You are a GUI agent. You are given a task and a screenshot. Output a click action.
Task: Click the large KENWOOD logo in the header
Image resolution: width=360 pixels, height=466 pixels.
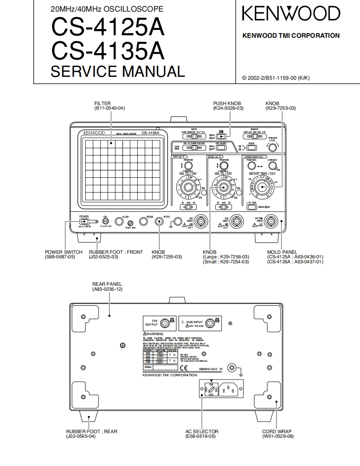(291, 14)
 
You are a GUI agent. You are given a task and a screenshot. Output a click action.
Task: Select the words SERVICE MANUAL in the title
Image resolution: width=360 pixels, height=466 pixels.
(118, 71)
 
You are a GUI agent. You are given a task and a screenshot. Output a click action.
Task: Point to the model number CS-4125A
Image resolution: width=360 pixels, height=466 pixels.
(108, 29)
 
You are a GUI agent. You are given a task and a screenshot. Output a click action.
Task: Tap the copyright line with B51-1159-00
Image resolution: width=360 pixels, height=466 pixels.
(276, 78)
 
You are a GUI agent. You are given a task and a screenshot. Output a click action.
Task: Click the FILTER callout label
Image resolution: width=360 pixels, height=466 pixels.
(102, 103)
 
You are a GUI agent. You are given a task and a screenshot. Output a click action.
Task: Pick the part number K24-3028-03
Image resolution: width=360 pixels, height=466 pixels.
(228, 108)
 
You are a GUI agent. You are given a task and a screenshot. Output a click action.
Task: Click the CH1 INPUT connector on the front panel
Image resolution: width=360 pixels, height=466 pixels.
(202, 221)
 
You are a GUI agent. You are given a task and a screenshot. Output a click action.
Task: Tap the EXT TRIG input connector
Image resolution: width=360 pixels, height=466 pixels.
(271, 221)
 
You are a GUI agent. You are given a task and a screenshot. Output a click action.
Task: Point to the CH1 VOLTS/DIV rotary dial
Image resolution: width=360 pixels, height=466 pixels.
(188, 187)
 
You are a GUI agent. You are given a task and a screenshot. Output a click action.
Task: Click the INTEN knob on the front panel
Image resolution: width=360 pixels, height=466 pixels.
(159, 221)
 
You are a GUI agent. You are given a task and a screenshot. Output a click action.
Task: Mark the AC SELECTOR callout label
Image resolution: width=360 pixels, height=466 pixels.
(202, 432)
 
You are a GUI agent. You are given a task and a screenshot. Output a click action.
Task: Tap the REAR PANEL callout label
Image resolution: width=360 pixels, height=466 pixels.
(107, 284)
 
